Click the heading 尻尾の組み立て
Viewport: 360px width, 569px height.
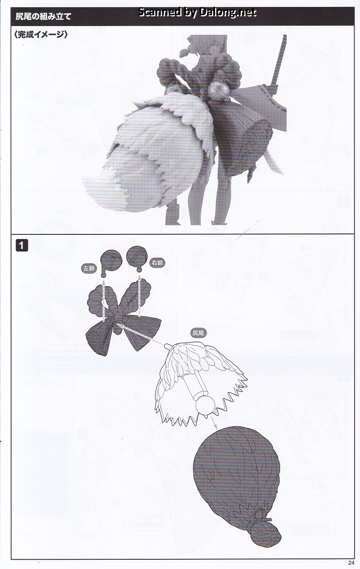[43, 16]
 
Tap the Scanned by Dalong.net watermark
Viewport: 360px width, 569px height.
[197, 12]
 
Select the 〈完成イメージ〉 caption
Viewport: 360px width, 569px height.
[41, 34]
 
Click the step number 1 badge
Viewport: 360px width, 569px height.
[22, 245]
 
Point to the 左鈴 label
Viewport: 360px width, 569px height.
[89, 269]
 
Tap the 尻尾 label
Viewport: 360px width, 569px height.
[198, 333]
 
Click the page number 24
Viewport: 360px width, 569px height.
[351, 562]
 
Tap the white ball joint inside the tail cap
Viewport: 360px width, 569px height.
[205, 405]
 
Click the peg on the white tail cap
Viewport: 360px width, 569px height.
[169, 346]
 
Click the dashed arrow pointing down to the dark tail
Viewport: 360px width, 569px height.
[213, 422]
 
